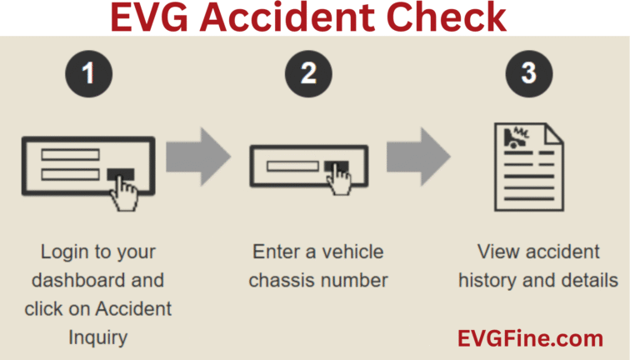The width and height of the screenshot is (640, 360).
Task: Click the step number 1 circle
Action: pos(88,73)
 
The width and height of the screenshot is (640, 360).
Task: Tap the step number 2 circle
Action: pos(309,73)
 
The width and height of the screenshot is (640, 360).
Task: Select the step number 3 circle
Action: pos(528,73)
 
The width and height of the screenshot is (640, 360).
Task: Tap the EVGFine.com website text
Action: pos(530,338)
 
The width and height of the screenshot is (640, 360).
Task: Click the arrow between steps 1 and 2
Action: pos(197,157)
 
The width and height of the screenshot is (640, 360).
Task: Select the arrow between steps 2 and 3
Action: pos(417,157)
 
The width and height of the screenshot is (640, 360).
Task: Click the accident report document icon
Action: pos(527,166)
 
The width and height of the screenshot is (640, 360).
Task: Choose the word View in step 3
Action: pos(497,251)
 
